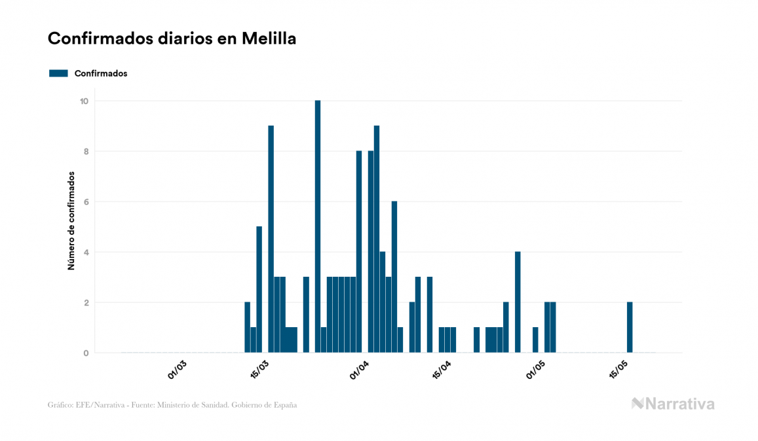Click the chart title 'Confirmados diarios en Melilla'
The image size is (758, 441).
click(x=172, y=39)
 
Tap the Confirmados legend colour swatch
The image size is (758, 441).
click(x=58, y=73)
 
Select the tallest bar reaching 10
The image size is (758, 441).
click(x=318, y=226)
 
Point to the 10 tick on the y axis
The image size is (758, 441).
click(x=85, y=101)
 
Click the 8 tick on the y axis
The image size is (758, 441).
click(x=85, y=151)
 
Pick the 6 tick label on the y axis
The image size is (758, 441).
click(x=85, y=202)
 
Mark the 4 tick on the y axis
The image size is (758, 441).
click(x=85, y=252)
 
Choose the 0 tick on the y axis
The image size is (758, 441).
click(x=85, y=353)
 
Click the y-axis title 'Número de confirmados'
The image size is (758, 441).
click(x=71, y=221)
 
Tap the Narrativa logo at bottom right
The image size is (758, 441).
click(x=673, y=404)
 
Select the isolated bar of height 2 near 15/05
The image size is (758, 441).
click(x=630, y=328)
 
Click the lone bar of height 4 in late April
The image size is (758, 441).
click(x=518, y=302)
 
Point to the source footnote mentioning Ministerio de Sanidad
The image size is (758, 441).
click(x=172, y=405)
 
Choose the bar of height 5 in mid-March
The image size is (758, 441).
click(x=259, y=290)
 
